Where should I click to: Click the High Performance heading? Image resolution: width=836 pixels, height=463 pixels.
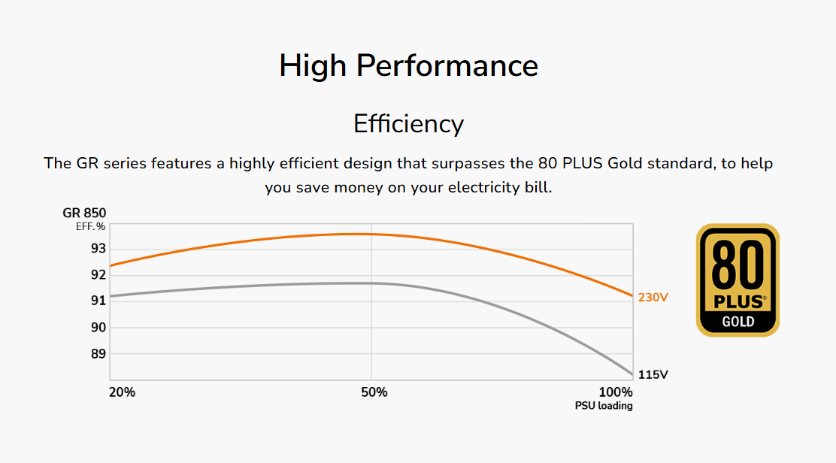click(408, 66)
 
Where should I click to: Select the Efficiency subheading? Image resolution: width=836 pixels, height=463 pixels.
click(408, 123)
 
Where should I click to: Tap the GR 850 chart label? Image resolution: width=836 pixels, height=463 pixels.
click(84, 213)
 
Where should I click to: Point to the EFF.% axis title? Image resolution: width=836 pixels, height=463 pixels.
click(90, 225)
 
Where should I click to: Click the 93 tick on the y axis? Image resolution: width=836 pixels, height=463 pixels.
click(98, 248)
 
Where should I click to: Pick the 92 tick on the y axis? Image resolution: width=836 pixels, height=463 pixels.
click(98, 274)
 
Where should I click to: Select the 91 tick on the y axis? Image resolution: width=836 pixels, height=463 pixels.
click(98, 301)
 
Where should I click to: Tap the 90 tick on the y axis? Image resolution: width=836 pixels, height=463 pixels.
click(98, 327)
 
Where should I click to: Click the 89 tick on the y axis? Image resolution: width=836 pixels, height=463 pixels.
click(98, 353)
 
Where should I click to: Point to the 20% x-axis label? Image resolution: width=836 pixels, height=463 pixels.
click(122, 392)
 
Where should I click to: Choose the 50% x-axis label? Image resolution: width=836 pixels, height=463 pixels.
click(374, 392)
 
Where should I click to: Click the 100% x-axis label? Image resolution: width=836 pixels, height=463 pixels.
click(616, 392)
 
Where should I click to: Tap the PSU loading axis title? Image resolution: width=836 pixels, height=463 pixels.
click(604, 406)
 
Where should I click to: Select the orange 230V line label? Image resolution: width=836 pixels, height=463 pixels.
click(653, 298)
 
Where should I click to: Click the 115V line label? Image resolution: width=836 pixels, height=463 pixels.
click(653, 374)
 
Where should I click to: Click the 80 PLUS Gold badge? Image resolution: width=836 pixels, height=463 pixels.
click(738, 280)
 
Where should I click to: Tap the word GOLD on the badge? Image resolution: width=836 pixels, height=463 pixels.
click(738, 322)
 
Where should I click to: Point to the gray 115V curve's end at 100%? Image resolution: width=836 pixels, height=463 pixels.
click(632, 374)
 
